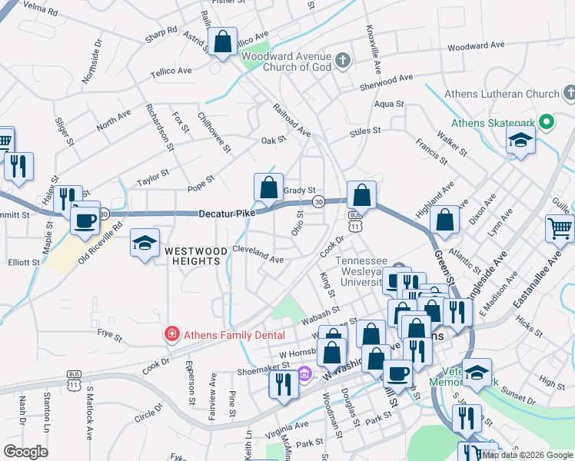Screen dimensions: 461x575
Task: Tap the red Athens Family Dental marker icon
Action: [x=171, y=335]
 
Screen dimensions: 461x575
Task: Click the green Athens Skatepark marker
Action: [x=547, y=121]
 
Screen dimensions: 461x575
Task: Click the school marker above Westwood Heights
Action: [x=145, y=244]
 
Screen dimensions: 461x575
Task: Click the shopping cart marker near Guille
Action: [x=560, y=227]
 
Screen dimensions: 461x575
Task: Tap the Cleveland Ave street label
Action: [x=258, y=255]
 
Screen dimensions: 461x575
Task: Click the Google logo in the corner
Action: [x=25, y=452]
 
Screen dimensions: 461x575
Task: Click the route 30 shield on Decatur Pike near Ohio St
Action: [x=317, y=202]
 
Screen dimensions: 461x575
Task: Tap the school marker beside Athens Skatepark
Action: [x=520, y=141]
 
